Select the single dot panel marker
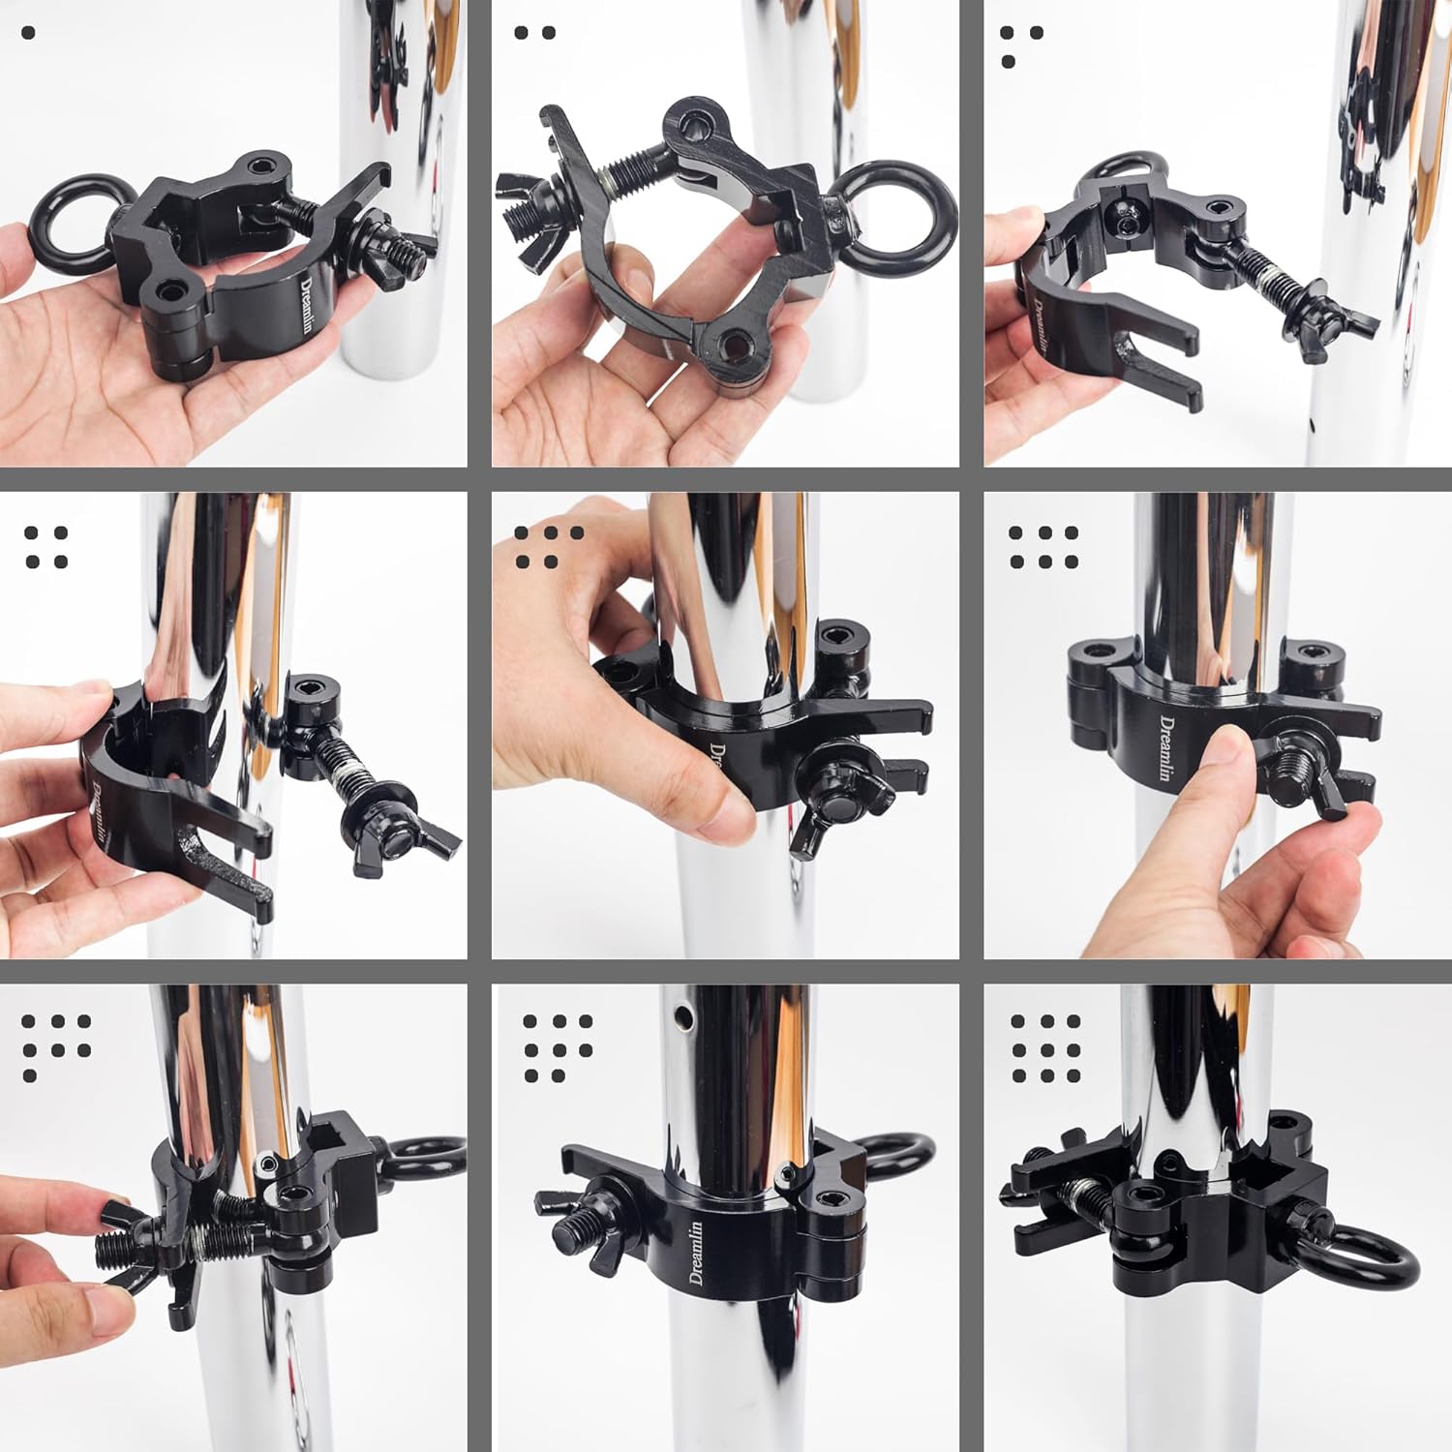click(27, 33)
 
